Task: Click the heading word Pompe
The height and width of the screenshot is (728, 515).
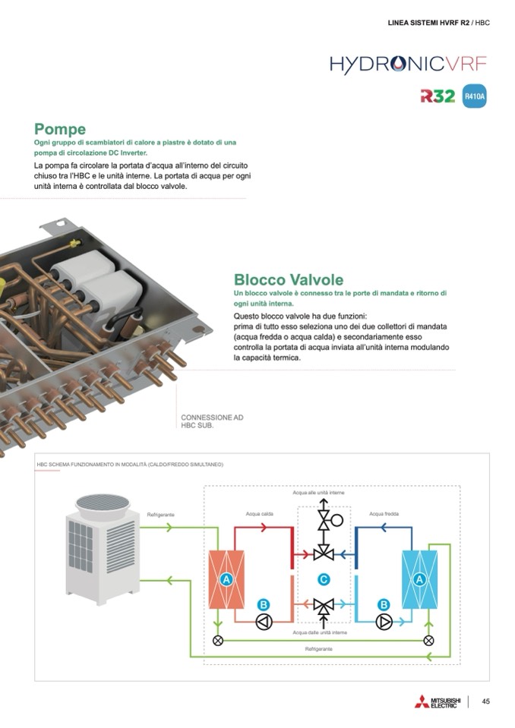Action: tap(60, 129)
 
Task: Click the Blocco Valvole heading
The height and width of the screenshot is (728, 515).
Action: tap(288, 280)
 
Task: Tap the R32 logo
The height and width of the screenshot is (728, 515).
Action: tap(438, 96)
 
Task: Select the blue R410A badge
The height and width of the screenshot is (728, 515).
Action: tap(474, 97)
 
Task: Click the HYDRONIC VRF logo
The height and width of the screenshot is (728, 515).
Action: tap(408, 64)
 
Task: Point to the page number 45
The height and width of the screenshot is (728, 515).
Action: tap(486, 701)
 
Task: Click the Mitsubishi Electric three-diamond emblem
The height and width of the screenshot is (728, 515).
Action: tap(422, 702)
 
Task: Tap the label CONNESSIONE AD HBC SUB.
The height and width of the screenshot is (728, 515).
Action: tap(212, 421)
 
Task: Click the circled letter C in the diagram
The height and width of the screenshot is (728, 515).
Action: tap(324, 579)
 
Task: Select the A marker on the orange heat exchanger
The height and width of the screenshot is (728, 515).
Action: tap(225, 579)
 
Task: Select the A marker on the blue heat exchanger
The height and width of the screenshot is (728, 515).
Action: tap(419, 579)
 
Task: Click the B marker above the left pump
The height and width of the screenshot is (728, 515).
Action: tap(264, 604)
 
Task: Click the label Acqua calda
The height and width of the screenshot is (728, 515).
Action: tap(260, 514)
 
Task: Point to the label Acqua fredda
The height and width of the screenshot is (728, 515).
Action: tap(384, 514)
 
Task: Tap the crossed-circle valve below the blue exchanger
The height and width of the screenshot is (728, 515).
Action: tap(428, 640)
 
